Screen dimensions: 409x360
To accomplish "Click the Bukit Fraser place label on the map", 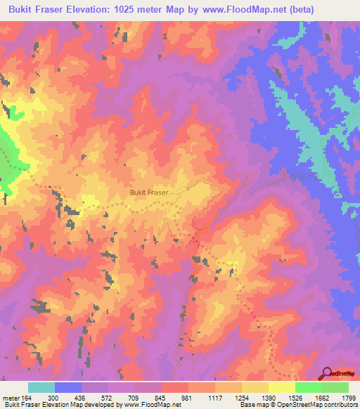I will (x=150, y=190).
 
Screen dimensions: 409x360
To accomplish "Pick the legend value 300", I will (x=53, y=398).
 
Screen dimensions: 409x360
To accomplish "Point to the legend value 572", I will (x=108, y=398).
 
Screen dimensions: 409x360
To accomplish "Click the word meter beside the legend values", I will (x=12, y=398).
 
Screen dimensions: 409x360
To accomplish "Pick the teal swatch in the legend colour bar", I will (x=41, y=387).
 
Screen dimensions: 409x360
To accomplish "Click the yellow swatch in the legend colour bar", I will (x=282, y=387).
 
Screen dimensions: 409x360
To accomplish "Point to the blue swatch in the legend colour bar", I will (x=68, y=387).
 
